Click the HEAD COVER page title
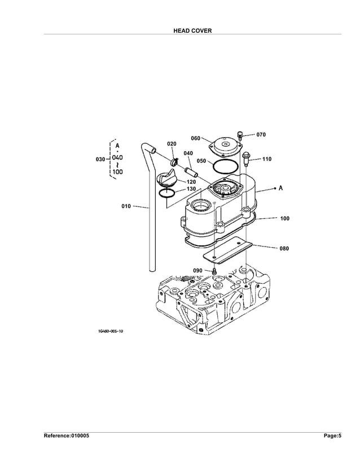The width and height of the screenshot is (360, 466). point(192,30)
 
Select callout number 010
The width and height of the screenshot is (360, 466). point(126,206)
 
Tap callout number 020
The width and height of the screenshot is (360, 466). point(172,144)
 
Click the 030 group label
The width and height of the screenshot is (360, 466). point(100,160)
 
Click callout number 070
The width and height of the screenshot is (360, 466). point(261,135)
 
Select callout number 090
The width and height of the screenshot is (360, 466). point(197,271)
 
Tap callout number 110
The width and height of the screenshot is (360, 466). point(266,159)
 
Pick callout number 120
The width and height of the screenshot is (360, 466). point(191,182)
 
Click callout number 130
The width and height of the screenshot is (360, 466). point(191,189)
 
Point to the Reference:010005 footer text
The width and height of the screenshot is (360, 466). point(67,436)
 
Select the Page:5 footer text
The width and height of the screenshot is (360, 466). point(332,436)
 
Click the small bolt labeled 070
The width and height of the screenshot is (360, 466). point(240,135)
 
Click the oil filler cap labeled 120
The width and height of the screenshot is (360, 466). point(167,180)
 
